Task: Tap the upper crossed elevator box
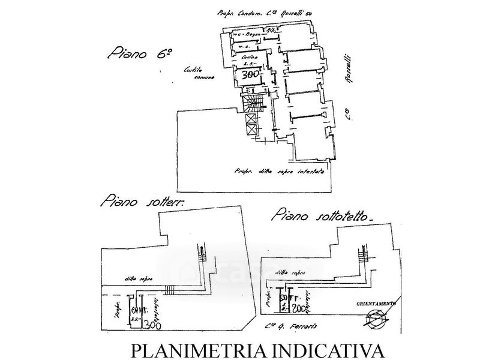point(251,118)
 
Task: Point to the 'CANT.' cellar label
point(137,310)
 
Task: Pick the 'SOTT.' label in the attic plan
point(287,297)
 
